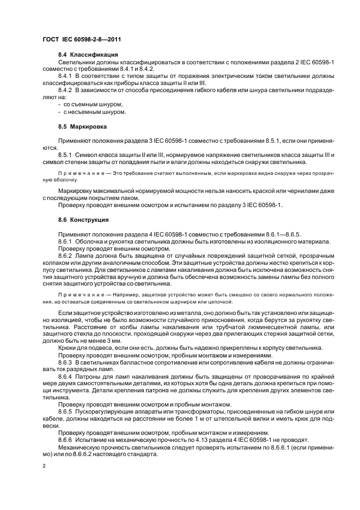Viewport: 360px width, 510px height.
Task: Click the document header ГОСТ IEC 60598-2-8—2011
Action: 81,40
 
